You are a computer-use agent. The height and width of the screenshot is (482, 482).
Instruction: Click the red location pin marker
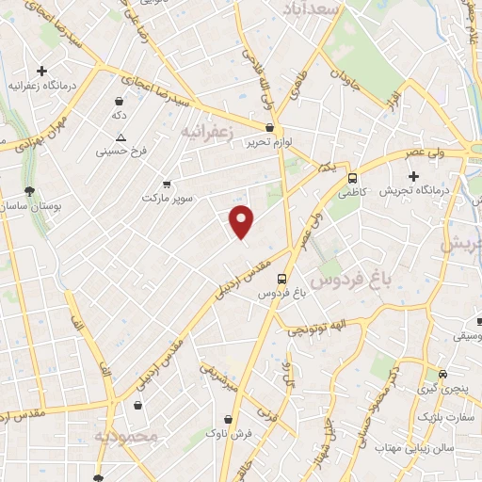242,220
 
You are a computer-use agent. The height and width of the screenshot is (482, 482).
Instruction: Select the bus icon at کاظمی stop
352,178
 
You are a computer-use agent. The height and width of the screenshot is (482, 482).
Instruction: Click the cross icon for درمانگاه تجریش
412,175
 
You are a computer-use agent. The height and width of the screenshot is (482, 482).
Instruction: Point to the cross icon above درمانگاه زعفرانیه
41,71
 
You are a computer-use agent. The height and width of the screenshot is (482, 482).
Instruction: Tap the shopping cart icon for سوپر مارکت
167,184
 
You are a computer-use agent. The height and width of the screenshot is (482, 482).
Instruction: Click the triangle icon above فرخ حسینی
120,137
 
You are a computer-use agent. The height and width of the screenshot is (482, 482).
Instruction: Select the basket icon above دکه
120,101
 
